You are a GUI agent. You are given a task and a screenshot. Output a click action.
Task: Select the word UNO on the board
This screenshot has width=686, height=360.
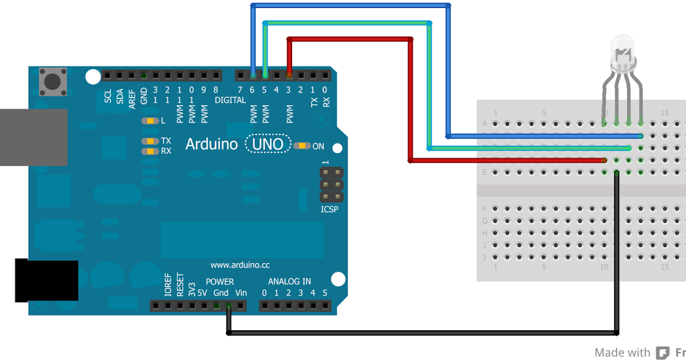tap(268, 144)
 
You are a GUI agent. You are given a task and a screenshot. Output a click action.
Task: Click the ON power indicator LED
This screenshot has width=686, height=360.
tap(302, 146)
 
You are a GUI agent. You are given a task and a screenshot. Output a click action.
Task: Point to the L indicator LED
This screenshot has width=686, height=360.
tap(150, 121)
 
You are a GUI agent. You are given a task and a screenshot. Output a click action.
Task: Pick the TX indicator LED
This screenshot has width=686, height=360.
tap(150, 141)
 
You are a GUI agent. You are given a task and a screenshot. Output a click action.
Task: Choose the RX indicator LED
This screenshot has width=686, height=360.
tap(150, 151)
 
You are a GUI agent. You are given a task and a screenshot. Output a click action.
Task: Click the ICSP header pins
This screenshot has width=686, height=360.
tap(332, 185)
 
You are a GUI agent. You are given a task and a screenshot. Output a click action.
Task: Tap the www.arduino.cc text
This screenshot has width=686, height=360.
tap(240, 265)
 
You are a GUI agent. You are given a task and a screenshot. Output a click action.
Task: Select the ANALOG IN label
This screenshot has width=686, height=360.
tap(290, 281)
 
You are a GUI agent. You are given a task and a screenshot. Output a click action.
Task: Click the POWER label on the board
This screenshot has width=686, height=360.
tap(220, 282)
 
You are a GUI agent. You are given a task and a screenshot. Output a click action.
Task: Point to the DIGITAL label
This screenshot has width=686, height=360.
tap(230, 100)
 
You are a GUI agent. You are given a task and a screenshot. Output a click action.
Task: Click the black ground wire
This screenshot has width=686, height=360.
tap(423, 332)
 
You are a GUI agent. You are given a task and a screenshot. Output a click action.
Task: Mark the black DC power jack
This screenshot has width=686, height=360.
tap(46, 280)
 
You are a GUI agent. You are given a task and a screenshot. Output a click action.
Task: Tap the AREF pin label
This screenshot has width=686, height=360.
tap(132, 94)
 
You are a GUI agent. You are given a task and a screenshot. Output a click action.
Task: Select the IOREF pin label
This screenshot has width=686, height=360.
tap(167, 284)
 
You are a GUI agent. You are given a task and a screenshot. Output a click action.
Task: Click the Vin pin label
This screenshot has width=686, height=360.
tap(241, 293)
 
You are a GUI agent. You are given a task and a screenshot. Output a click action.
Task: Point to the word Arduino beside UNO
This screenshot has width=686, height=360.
tap(212, 144)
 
